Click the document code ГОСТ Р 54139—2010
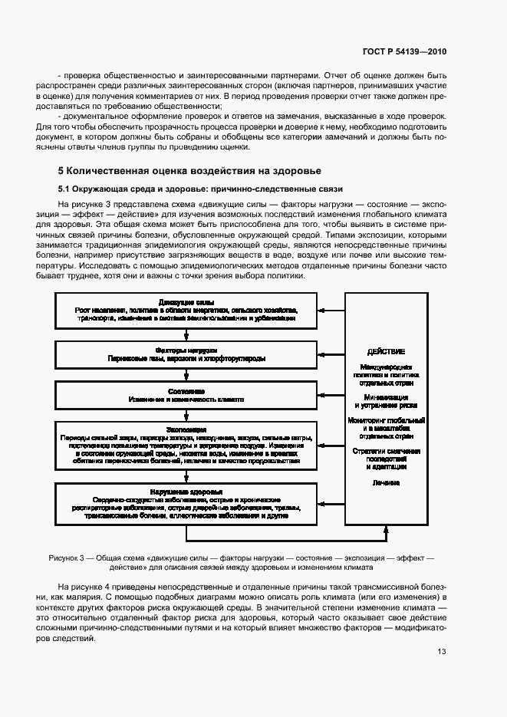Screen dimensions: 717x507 pos(403,51)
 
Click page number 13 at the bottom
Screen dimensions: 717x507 pos(441,652)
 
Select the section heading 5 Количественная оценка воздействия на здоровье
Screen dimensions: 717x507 pos(189,170)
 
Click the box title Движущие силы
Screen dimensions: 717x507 pos(186,302)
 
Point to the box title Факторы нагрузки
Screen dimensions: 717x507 pos(186,348)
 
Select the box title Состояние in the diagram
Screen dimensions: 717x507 pos(186,391)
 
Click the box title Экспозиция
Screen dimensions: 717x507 pos(186,429)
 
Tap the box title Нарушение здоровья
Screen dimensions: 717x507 pos(186,492)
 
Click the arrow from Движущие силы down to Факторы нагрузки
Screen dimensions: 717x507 pos(186,334)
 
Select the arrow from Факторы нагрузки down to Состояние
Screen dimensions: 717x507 pos(186,376)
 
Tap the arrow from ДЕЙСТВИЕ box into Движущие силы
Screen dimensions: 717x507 pos(331,311)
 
